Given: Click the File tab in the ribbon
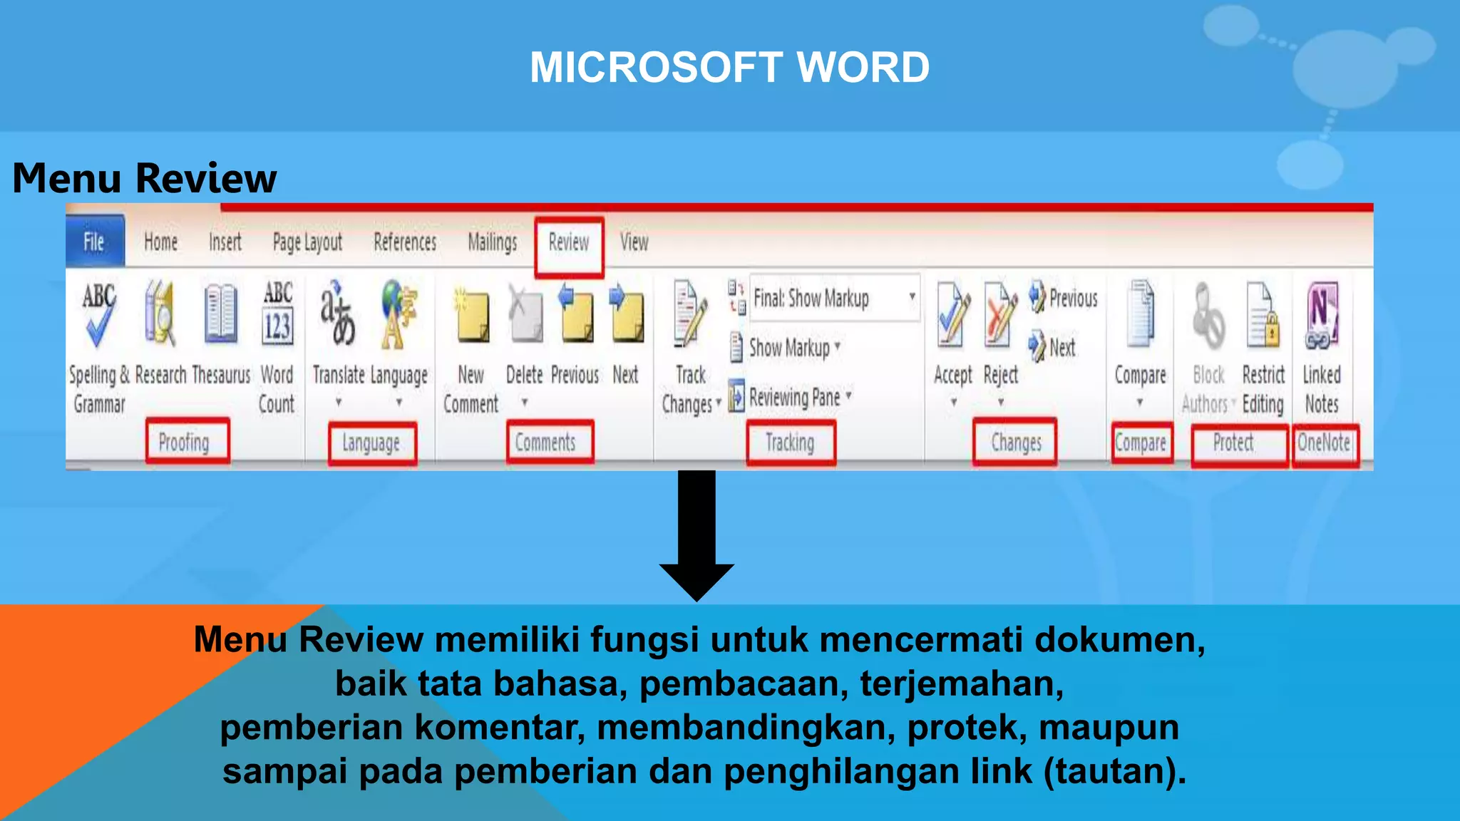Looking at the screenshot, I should pos(94,242).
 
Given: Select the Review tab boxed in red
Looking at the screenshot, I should pos(569,243).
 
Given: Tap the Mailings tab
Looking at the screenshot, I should pos(492,243).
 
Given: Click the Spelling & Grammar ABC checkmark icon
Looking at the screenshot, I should pos(98,314).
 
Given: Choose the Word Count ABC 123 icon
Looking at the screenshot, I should pos(277,314).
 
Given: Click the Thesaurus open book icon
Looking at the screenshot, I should pos(220,314).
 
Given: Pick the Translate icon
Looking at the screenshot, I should pos(337,314).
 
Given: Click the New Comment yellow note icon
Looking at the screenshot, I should pos(471,317).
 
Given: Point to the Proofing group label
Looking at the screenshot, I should pos(185,443).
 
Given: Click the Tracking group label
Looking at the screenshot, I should pos(790,443).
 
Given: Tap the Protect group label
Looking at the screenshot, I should pos(1233,443).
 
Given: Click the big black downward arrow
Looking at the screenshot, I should pos(696,535).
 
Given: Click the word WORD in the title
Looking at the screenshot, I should pos(863,68).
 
